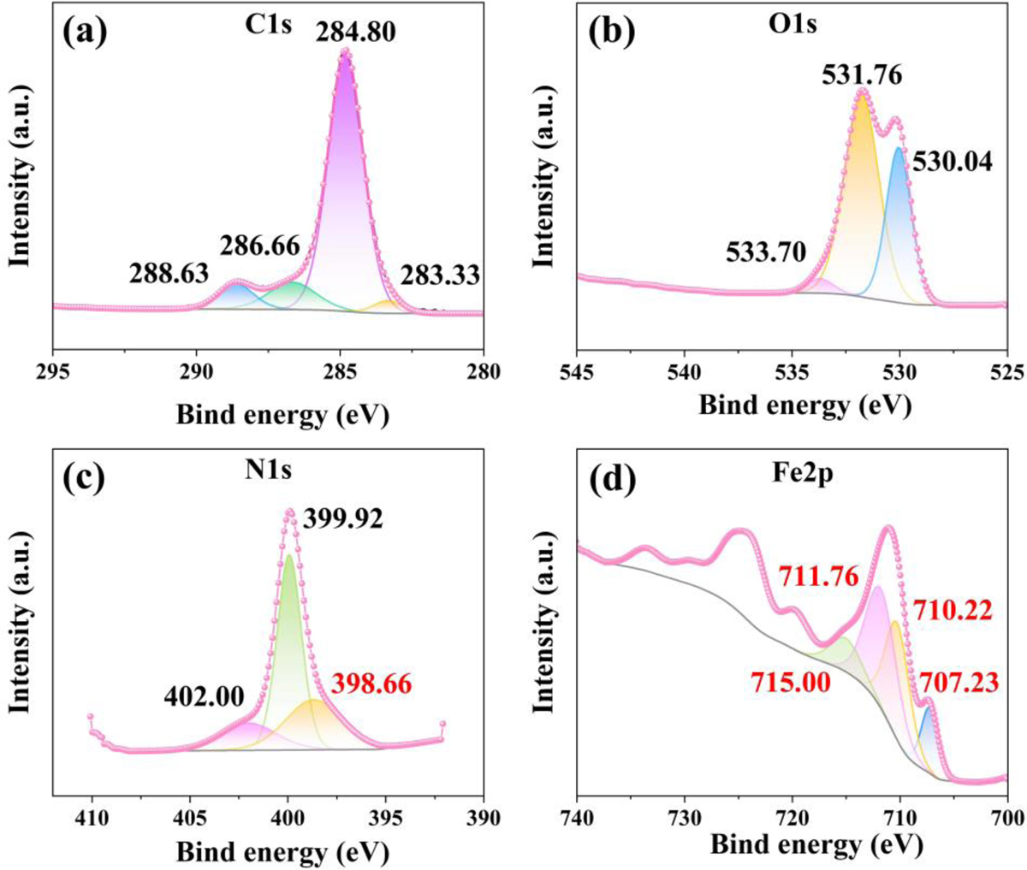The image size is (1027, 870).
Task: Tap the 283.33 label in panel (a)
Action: point(440,275)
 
